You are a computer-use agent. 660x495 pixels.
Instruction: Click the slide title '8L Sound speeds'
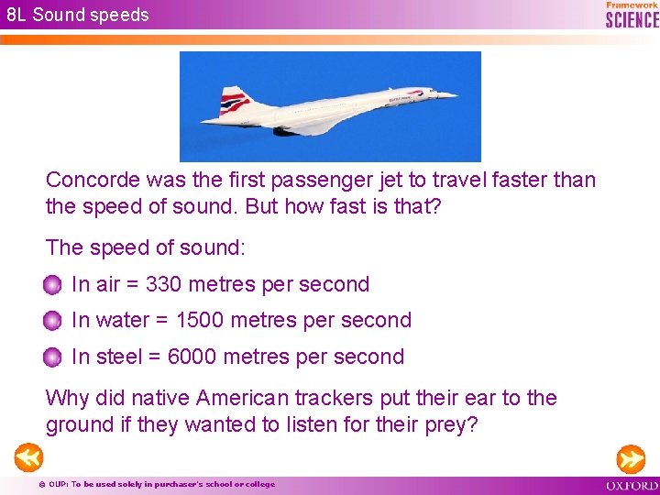77,15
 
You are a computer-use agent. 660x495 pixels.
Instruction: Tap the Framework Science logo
632,14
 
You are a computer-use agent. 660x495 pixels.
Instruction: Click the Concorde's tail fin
236,99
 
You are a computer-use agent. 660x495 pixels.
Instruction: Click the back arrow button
27,456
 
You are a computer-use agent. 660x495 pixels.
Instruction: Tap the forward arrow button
631,456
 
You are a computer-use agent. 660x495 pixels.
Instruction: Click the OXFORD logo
632,485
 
